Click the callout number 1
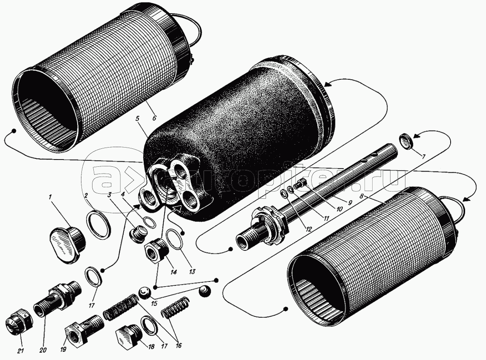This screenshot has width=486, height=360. click(50, 197)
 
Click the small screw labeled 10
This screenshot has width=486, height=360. click(301, 184)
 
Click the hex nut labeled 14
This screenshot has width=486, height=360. click(155, 249)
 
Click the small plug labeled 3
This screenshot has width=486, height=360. click(138, 235)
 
